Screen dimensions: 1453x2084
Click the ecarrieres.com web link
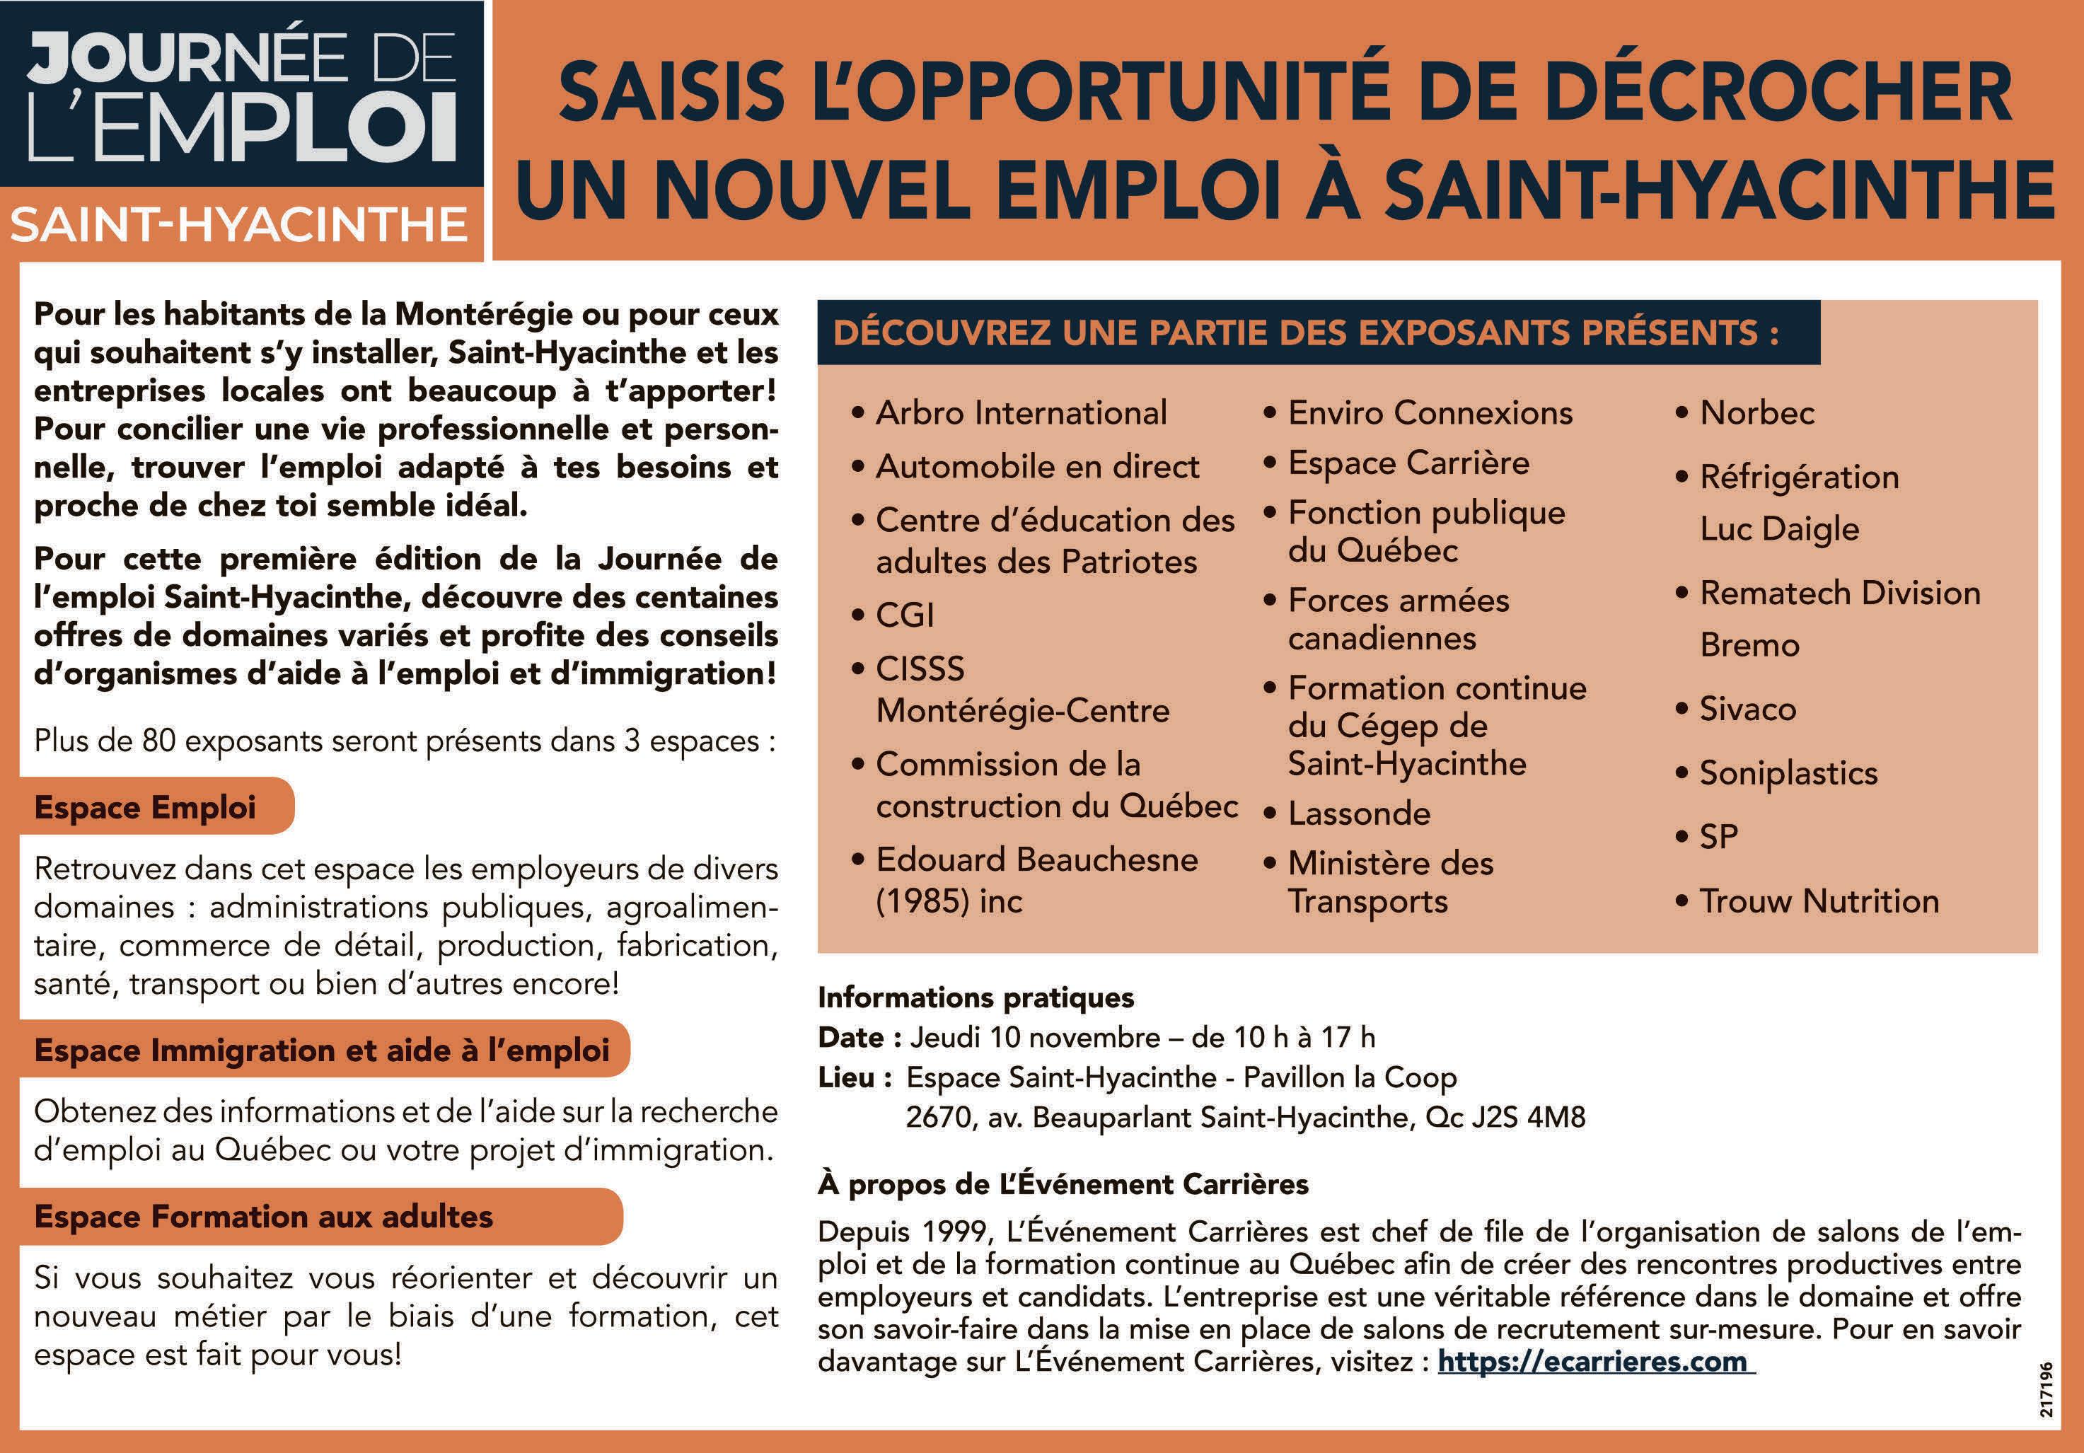tap(1594, 1361)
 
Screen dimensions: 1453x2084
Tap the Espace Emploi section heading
tap(145, 807)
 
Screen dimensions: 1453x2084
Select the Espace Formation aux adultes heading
tap(263, 1216)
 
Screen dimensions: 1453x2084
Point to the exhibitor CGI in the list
tap(905, 615)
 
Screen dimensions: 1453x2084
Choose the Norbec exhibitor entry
tap(1757, 413)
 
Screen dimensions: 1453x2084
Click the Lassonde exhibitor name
tap(1359, 814)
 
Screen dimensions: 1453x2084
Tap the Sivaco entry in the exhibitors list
tap(1747, 709)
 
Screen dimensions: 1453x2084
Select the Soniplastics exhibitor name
tap(1788, 773)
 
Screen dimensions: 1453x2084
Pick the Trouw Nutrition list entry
tap(1819, 901)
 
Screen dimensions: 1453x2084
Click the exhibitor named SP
tap(1719, 836)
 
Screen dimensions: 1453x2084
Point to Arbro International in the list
tap(1021, 413)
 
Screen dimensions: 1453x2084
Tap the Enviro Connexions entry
tap(1430, 413)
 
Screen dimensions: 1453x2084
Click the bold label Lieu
tap(847, 1077)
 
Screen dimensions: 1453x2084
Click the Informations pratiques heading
tap(976, 997)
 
